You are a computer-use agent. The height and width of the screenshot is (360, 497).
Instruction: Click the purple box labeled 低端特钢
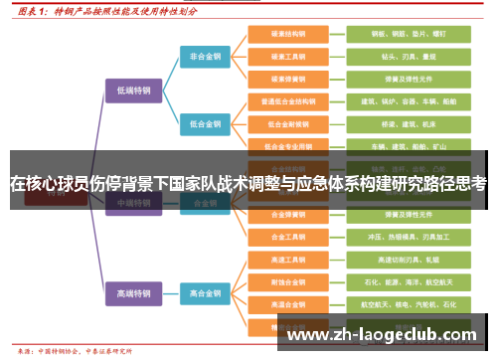132,90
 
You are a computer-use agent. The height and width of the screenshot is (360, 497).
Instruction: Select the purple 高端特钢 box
132,293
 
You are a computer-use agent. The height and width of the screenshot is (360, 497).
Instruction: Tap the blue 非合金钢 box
206,57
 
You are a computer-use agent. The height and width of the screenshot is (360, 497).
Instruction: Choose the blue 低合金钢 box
206,124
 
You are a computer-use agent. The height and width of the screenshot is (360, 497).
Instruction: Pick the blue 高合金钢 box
206,293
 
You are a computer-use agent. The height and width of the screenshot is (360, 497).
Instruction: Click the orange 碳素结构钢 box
287,34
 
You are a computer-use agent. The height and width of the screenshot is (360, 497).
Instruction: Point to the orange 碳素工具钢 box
287,57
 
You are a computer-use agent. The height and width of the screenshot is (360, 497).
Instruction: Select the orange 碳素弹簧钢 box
287,79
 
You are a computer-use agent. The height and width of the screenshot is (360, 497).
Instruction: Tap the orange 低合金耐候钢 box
287,124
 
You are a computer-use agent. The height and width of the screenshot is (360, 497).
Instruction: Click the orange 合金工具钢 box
287,237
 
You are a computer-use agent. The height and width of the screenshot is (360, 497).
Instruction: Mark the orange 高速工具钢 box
287,260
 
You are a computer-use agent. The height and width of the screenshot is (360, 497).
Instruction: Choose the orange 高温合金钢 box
287,304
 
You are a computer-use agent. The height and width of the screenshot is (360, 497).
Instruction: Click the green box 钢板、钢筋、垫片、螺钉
396,34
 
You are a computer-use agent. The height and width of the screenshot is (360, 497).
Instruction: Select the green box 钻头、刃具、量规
396,57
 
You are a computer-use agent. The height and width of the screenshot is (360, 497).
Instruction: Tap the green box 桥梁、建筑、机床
396,124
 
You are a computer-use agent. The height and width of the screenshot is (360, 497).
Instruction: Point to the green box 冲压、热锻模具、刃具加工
396,237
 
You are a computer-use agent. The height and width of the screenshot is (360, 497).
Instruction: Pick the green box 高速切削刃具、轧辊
396,260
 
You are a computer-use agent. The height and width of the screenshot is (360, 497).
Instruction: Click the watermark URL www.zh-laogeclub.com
382,335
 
